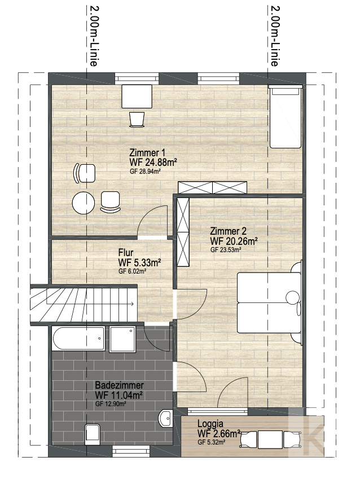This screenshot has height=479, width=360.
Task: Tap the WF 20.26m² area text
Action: tap(234, 241)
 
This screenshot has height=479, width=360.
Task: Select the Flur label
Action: tap(126, 253)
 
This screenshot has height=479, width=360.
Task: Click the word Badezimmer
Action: tap(119, 385)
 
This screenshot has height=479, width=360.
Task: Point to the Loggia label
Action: tap(210, 424)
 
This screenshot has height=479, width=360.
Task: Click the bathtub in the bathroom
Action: tap(78, 339)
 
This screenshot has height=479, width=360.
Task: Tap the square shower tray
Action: tap(122, 339)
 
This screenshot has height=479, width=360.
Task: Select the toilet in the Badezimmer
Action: tap(93, 434)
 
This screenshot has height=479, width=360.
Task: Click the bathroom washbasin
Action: tap(166, 418)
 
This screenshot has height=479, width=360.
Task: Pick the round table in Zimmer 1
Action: tap(84, 203)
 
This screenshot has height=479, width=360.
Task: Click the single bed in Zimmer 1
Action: tap(286, 117)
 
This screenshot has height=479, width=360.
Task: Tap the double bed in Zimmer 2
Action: tap(269, 302)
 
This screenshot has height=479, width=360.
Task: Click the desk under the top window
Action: tap(137, 96)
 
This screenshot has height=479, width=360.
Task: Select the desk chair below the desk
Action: tap(137, 120)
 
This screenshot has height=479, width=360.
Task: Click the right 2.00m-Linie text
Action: tap(274, 36)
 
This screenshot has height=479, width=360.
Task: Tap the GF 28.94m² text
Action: tap(145, 172)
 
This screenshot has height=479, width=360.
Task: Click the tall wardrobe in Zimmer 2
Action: tap(183, 232)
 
